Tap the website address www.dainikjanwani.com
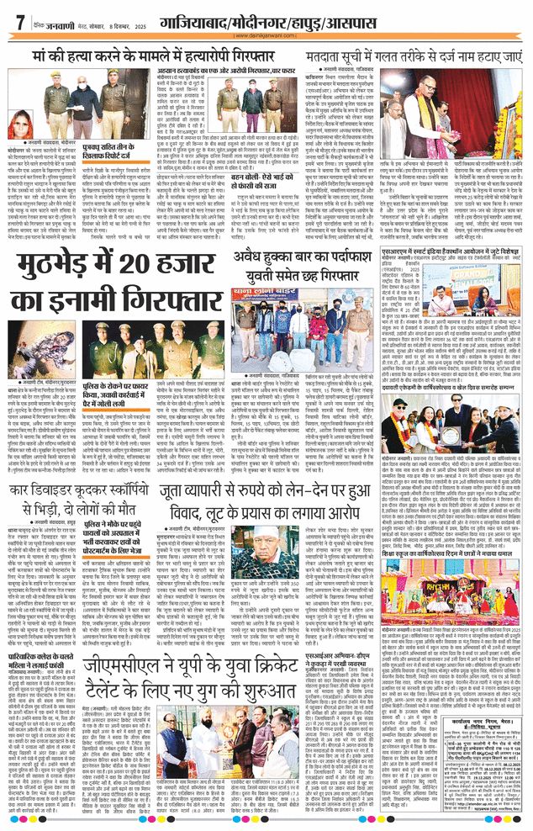[266, 35]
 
